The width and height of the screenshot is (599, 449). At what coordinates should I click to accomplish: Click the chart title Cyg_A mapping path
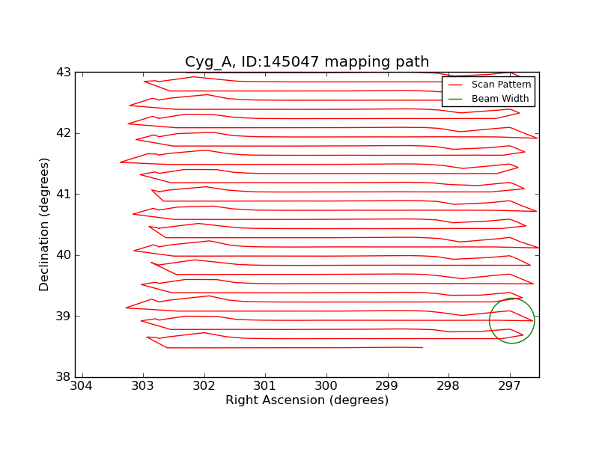click(x=307, y=62)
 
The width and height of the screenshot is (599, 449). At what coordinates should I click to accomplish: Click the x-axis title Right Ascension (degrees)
click(x=307, y=400)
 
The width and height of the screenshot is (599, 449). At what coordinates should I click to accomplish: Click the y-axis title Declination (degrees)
click(x=45, y=224)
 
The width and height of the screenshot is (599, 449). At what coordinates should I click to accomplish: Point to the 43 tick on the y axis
click(x=64, y=73)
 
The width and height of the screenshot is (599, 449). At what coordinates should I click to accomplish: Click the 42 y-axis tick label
click(x=64, y=133)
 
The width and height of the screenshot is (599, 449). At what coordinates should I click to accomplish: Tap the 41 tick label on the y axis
click(x=64, y=195)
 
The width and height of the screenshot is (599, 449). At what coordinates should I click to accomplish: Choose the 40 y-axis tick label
click(x=64, y=255)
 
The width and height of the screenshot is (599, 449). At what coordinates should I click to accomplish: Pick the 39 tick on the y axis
click(x=64, y=317)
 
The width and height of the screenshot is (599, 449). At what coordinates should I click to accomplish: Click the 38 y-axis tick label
click(x=64, y=377)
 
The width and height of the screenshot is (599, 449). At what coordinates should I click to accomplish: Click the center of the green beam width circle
click(x=511, y=320)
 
